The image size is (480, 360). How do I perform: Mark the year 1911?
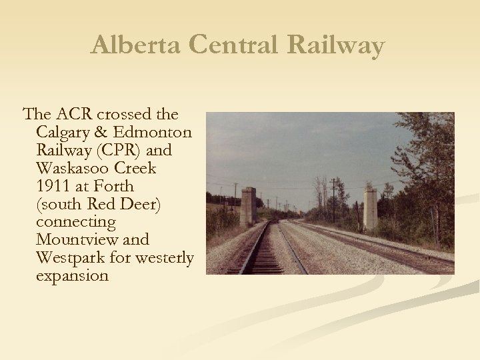pos(54,186)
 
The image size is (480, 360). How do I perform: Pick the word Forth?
pos(115,186)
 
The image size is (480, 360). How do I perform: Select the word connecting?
pos(76,222)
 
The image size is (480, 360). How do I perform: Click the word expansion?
pos(72,275)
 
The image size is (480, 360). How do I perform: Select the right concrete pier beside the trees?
pos(370,207)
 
